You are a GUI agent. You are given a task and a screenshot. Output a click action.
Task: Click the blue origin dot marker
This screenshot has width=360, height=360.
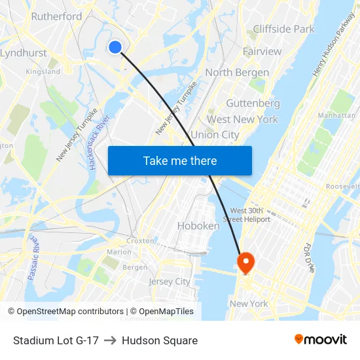(115, 46)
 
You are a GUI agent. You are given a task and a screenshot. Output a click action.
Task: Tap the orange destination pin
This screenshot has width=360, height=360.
(246, 263)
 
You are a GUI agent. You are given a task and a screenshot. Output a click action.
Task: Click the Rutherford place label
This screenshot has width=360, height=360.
(57, 16)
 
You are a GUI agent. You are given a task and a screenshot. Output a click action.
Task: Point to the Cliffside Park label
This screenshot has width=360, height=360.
(283, 29)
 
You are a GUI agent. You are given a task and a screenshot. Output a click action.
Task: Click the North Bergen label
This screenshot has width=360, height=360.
(237, 73)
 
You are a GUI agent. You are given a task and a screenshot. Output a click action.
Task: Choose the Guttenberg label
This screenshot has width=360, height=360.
(253, 103)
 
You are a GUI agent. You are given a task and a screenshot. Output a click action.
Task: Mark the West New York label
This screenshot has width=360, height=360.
(242, 119)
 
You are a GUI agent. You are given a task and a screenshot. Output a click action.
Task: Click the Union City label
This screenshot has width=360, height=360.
(215, 135)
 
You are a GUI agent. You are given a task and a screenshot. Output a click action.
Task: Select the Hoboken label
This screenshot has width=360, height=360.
(198, 226)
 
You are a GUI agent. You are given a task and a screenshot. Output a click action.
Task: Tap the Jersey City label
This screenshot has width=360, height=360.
(170, 281)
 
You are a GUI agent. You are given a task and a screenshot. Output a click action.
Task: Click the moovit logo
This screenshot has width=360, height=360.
(320, 340)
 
